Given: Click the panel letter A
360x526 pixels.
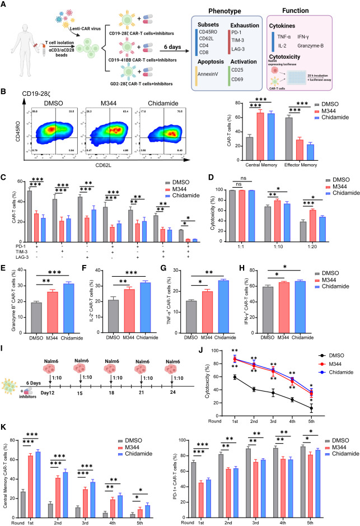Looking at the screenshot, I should coord(5,5).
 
